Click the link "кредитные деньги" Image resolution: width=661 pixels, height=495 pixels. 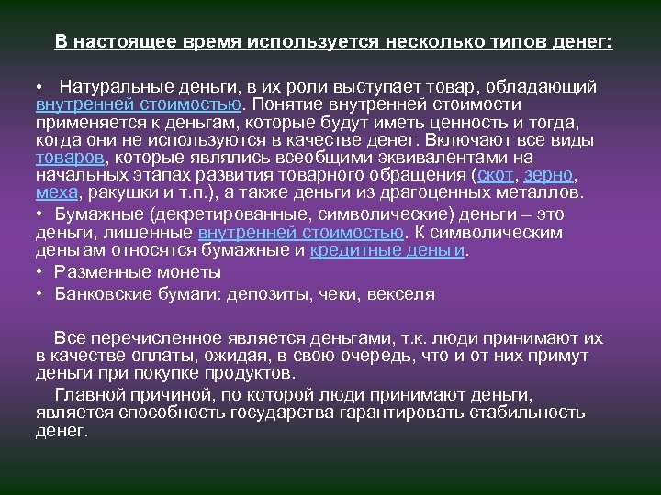coord(388,249)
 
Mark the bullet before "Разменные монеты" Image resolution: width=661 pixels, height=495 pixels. coord(41,272)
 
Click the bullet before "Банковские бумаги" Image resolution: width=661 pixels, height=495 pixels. coord(41,294)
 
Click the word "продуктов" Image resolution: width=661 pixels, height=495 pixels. coord(245,373)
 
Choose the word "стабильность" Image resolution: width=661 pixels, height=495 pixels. coord(519,412)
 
